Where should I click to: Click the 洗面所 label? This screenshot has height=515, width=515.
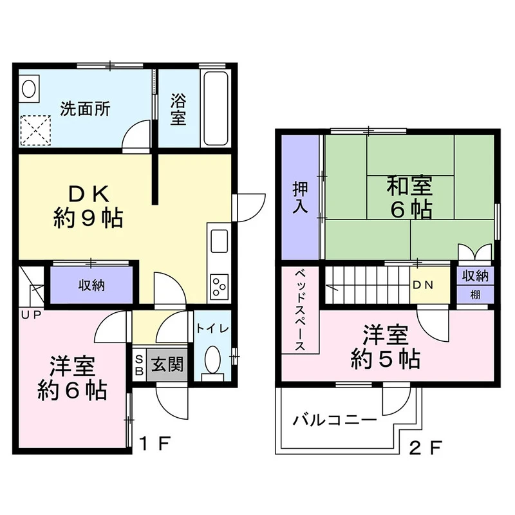[x=85, y=109]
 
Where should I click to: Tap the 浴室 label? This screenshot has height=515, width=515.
[x=178, y=109]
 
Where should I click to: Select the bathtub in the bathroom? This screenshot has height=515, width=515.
[x=216, y=108]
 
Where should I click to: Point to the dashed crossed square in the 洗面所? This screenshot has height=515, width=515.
[x=35, y=131]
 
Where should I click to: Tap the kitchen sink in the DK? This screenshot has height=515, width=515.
[x=219, y=241]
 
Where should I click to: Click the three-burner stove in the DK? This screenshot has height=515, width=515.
[x=219, y=286]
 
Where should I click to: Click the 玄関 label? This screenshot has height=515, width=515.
[x=167, y=364]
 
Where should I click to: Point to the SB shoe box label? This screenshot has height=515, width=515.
[x=139, y=364]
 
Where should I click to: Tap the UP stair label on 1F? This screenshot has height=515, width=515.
[x=31, y=315]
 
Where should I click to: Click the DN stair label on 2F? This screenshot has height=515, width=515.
[x=423, y=285]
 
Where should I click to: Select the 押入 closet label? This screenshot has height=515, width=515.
[x=300, y=198]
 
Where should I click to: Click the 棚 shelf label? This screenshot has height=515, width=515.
[x=475, y=295]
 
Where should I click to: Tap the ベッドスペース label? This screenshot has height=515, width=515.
[x=300, y=310]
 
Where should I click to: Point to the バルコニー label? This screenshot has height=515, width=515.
[x=335, y=420]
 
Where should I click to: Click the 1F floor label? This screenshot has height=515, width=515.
[x=154, y=444]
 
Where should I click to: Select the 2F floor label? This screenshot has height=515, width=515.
[x=426, y=447]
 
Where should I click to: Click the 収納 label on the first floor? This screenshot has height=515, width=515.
[x=91, y=285]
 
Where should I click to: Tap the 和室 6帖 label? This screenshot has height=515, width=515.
[x=410, y=197]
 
